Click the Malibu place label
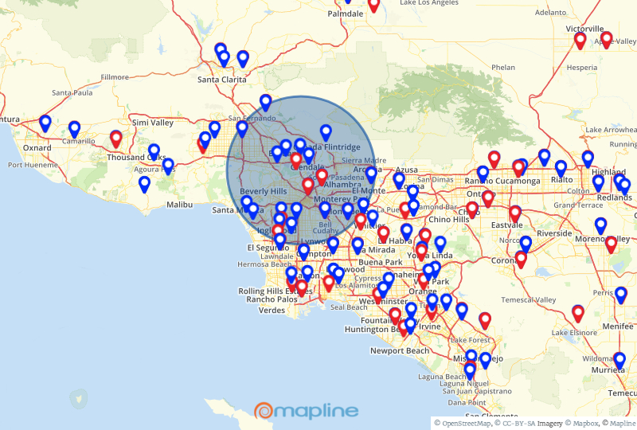(x=179, y=205)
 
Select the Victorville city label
(x=585, y=29)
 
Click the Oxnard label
(x=37, y=148)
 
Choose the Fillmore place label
(x=115, y=77)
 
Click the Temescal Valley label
(x=529, y=299)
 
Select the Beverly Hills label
(x=263, y=192)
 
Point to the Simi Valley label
(x=152, y=123)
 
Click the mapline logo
(x=307, y=411)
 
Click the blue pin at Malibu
(x=144, y=185)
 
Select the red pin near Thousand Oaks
(x=115, y=139)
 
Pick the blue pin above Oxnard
(x=45, y=123)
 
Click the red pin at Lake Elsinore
(x=578, y=313)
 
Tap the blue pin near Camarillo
(x=74, y=128)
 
